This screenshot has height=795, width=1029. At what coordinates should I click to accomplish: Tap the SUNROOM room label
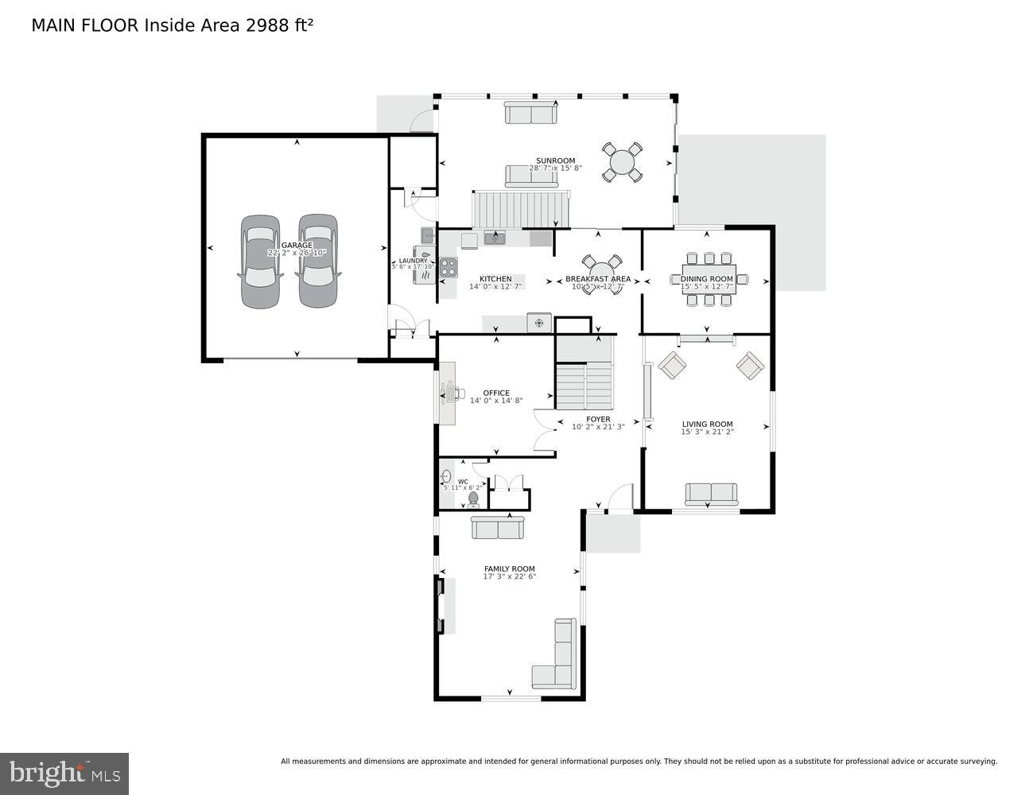pos(555,161)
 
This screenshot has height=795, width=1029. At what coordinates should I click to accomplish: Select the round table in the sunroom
pos(622,162)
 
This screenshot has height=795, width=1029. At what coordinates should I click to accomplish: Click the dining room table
pos(708,279)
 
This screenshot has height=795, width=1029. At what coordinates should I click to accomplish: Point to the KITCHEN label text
pos(495,279)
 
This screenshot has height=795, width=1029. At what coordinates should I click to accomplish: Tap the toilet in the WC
pos(474,498)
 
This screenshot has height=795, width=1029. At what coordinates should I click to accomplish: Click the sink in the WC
pos(445,477)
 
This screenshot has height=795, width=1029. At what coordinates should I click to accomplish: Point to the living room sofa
pos(711,494)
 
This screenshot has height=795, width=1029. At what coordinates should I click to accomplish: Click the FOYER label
pos(598,419)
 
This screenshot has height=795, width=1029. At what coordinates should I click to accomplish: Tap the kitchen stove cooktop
pos(448,267)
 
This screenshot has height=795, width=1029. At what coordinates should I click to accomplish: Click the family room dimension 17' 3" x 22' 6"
pos(510,576)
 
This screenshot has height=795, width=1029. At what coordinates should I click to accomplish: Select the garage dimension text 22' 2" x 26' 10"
pos(297,253)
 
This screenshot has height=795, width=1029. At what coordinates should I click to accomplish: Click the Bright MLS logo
pos(64,773)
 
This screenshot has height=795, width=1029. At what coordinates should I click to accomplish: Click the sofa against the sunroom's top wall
pos(530,113)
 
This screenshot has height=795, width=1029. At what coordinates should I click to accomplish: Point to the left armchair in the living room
pos(672,366)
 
